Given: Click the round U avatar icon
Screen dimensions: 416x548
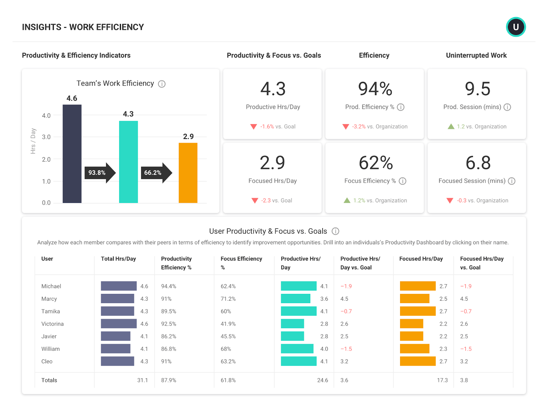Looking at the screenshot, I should (x=516, y=27).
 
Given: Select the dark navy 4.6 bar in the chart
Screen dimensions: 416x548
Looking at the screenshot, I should (x=72, y=154).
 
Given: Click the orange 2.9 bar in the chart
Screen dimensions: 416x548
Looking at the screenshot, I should (x=188, y=173).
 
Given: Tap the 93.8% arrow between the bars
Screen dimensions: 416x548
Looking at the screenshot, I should (x=99, y=173).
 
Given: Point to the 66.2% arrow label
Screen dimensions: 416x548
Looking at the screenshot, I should (x=153, y=173).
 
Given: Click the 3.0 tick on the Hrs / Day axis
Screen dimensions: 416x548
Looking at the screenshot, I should (x=46, y=137).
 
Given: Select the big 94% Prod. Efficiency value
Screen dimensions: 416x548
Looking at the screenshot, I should (x=375, y=89).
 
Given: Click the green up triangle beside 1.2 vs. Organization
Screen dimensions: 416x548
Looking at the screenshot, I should (x=451, y=127).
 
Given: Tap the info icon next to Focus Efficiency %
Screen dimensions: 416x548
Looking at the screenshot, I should (x=403, y=181).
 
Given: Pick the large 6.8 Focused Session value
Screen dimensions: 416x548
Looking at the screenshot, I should (x=478, y=163).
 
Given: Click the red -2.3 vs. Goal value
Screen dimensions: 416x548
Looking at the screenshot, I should (x=266, y=200).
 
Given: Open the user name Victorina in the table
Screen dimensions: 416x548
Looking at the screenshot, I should (x=52, y=324).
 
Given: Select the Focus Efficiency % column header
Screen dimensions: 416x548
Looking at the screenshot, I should (x=241, y=263).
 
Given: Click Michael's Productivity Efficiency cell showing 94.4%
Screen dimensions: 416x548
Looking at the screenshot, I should (x=169, y=286).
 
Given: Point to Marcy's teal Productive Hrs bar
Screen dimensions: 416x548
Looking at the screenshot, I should (x=296, y=299).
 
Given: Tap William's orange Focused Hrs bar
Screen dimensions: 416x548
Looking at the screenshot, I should (x=414, y=349).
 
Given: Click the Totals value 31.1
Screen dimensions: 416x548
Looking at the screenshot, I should (x=142, y=380).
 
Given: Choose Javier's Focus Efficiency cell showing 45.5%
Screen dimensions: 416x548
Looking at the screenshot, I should (x=228, y=336).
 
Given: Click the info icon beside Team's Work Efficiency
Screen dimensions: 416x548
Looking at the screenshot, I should (x=162, y=84).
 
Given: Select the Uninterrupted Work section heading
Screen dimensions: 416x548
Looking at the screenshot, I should (x=476, y=55).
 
